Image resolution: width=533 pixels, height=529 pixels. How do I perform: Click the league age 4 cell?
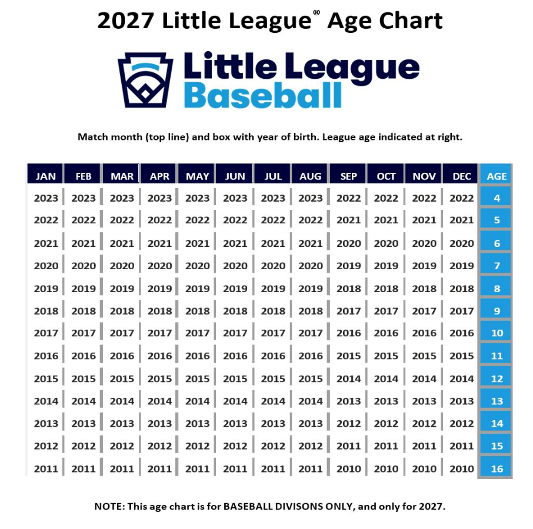pyautogui.click(x=497, y=197)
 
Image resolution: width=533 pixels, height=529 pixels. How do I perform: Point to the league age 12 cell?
pyautogui.click(x=497, y=379)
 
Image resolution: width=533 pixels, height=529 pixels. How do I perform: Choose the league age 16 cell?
pyautogui.click(x=497, y=468)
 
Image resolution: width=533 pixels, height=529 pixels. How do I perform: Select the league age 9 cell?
pyautogui.click(x=497, y=311)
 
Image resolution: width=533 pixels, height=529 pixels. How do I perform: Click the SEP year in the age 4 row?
pyautogui.click(x=348, y=198)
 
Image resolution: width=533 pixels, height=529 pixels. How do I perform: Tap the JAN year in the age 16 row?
pyautogui.click(x=46, y=469)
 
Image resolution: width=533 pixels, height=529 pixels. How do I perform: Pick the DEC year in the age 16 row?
pyautogui.click(x=462, y=469)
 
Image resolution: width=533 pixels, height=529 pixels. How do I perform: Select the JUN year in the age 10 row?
pyautogui.click(x=235, y=333)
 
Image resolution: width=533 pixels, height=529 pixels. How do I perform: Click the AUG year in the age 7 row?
pyautogui.click(x=311, y=266)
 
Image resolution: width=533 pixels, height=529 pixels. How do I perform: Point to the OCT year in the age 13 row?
pyautogui.click(x=386, y=401)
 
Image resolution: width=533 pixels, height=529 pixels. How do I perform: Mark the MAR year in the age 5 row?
pyautogui.click(x=122, y=220)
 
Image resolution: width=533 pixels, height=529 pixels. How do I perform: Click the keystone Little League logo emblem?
pyautogui.click(x=145, y=80)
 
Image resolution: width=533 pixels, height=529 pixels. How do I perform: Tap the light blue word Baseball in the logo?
pyautogui.click(x=262, y=95)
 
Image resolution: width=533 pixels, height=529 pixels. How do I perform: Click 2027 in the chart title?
pyautogui.click(x=125, y=21)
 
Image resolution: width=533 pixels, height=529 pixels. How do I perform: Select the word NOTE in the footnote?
pyautogui.click(x=109, y=507)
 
